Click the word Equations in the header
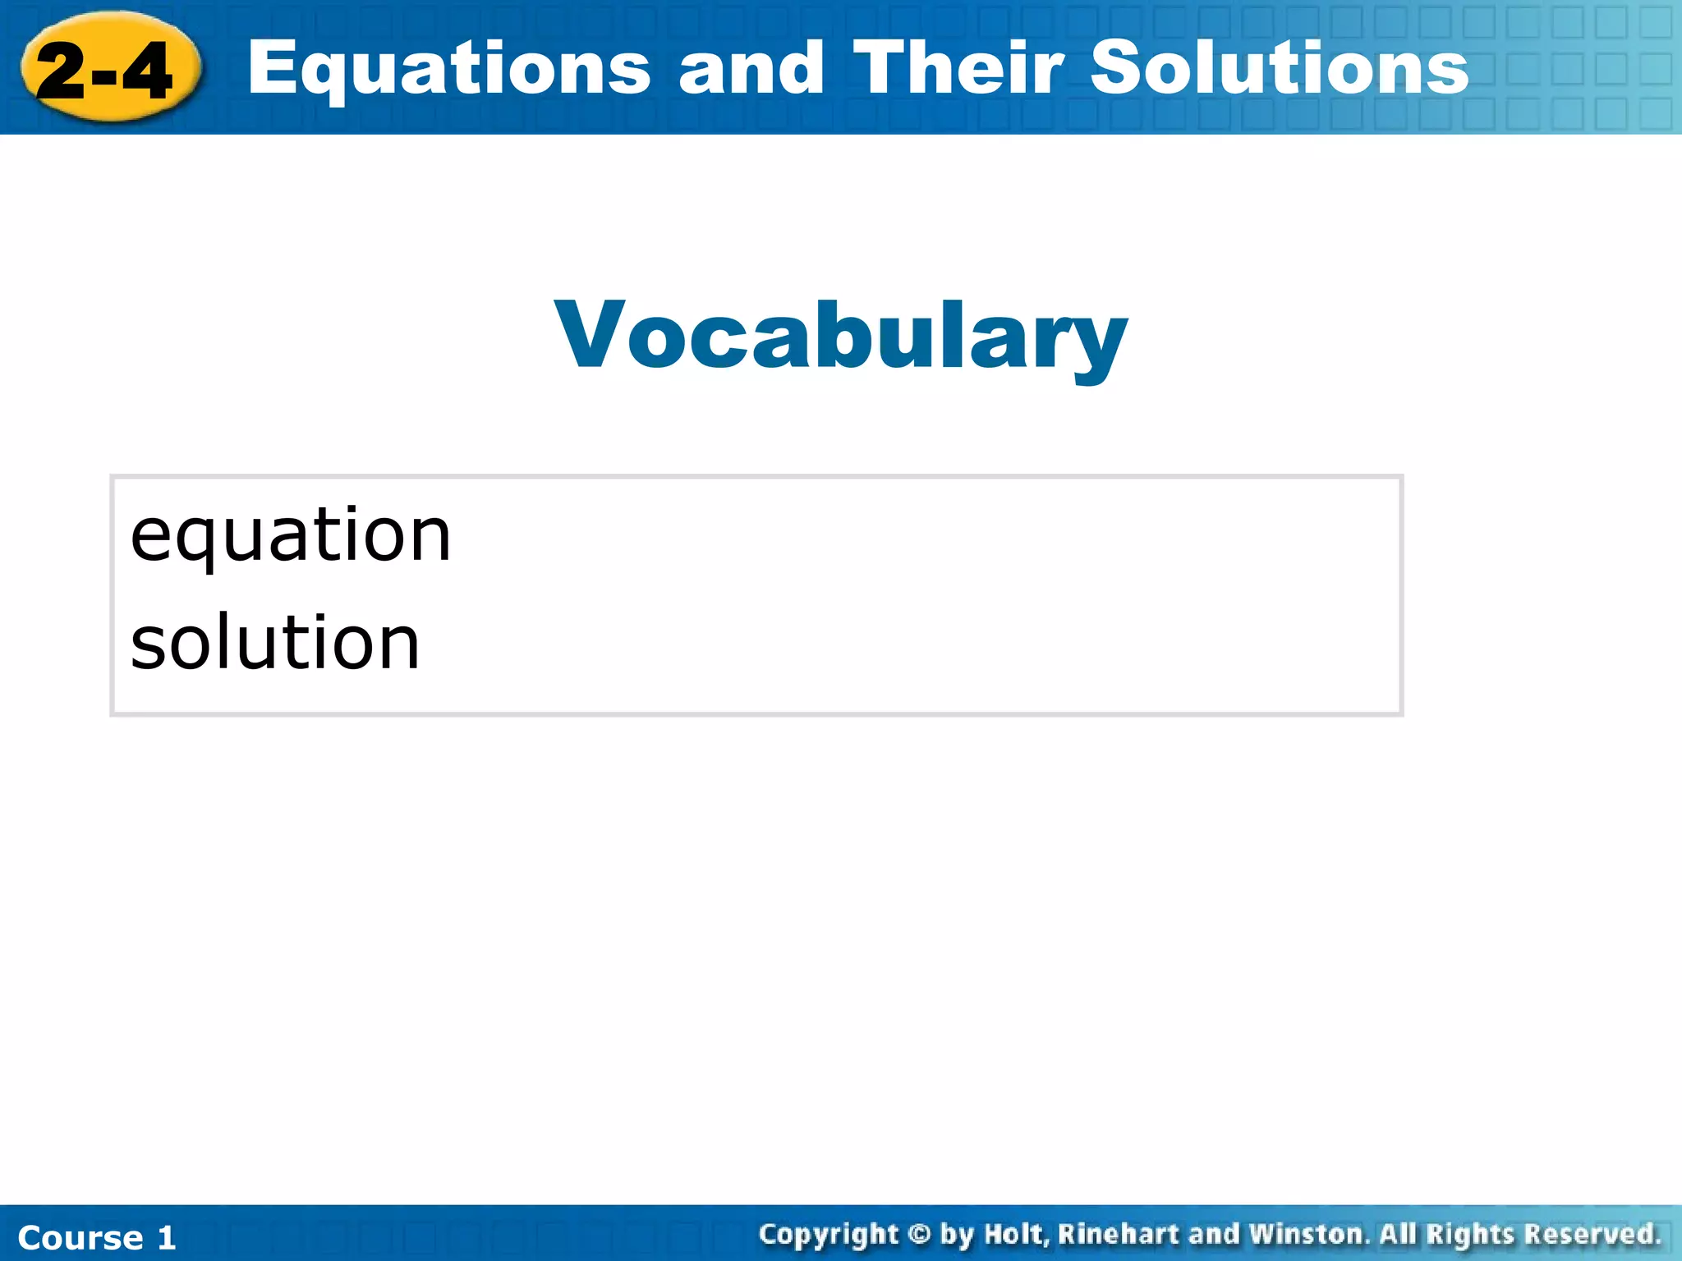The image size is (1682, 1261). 448,69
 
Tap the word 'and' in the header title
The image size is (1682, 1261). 751,69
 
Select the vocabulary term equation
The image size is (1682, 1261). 291,536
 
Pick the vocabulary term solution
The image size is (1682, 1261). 275,643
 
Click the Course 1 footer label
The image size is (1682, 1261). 97,1237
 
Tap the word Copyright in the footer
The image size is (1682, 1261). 829,1235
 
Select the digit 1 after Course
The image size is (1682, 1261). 167,1237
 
